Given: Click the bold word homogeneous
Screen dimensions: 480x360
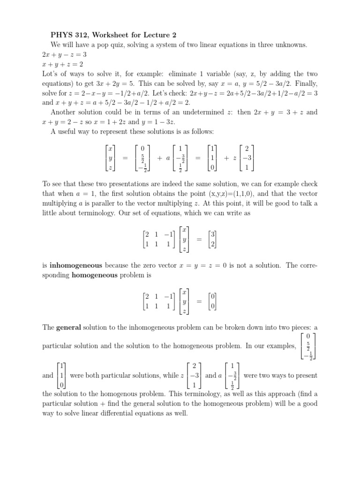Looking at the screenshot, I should [94, 275].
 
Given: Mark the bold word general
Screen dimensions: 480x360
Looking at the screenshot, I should [69, 327].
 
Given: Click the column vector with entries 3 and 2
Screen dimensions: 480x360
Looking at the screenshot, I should [212, 239].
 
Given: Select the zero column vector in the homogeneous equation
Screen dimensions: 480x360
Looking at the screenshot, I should [212, 301].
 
